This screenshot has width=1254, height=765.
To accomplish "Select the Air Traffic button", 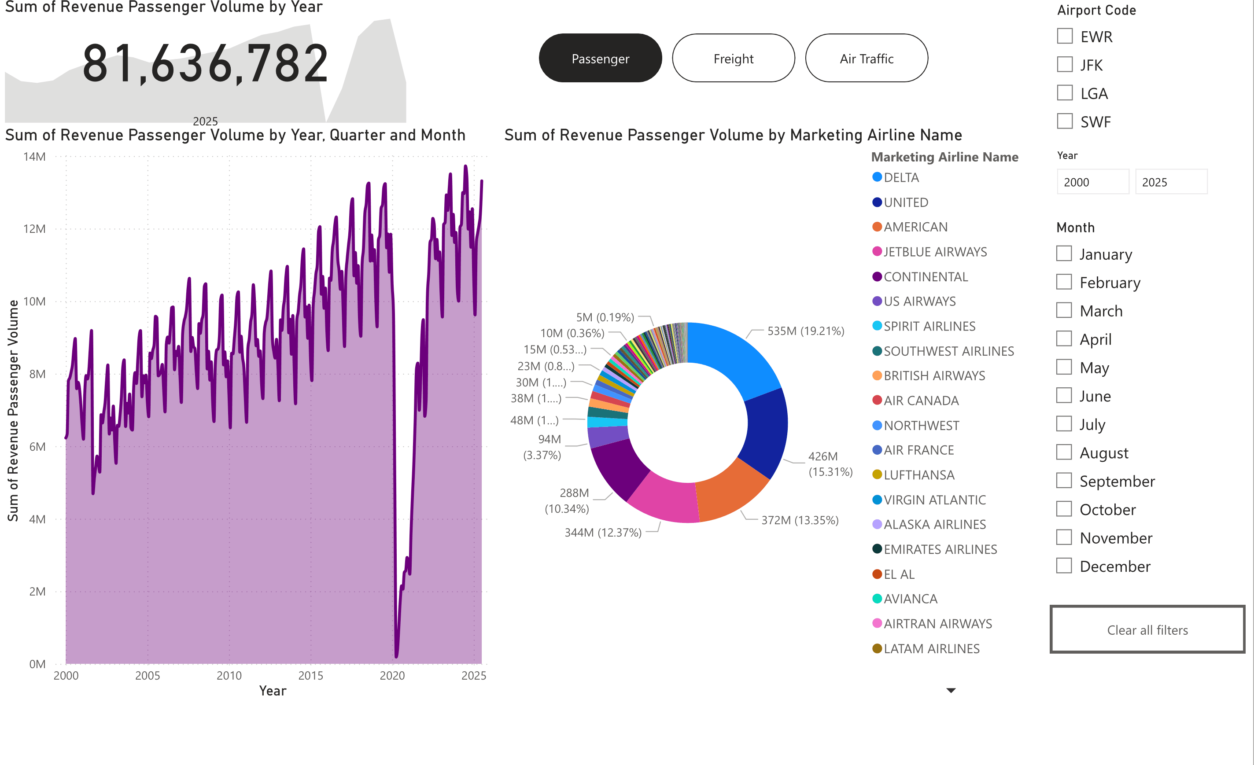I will tap(866, 59).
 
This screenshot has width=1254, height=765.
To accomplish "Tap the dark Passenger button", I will tap(600, 59).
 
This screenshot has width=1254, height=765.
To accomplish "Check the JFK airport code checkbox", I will tap(1064, 65).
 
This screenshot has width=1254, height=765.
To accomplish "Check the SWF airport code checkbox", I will tap(1064, 121).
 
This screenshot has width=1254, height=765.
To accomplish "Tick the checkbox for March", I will tap(1064, 310).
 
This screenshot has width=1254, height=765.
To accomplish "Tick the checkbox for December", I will tap(1064, 566).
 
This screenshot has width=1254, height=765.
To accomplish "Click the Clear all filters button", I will tap(1147, 630).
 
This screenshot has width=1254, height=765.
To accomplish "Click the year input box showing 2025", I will tap(1170, 182).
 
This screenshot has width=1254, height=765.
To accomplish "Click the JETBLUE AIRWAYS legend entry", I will tap(935, 252).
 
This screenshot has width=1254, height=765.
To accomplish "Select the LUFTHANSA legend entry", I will tap(918, 475).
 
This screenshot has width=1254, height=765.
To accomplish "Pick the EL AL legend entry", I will tap(899, 574).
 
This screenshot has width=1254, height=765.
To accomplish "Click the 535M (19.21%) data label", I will tap(806, 331).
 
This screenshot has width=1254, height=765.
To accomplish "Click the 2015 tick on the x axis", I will tap(310, 676).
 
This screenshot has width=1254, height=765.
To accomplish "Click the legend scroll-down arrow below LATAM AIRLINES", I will tap(951, 690).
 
